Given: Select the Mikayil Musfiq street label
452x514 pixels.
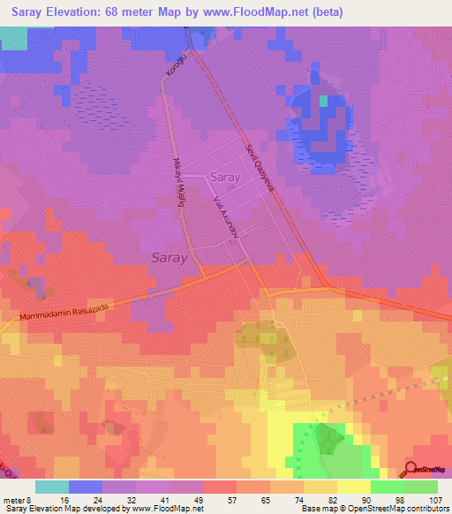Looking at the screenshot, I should point(175,180).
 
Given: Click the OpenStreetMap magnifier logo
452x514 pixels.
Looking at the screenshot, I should point(412,469).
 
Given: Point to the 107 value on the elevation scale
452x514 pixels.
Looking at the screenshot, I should point(433,499).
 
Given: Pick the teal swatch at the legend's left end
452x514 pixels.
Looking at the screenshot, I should point(52,487).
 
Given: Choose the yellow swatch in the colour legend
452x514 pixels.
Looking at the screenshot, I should point(354,487).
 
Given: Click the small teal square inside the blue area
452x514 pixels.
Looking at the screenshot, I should point(323,101).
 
